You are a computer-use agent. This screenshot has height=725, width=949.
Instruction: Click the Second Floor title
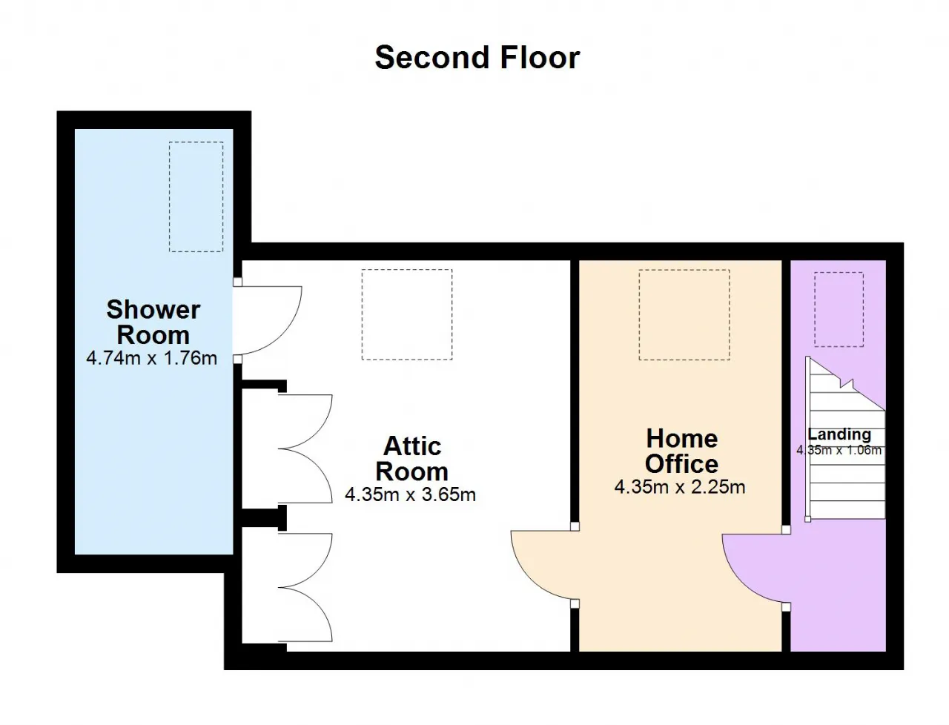pos(477,58)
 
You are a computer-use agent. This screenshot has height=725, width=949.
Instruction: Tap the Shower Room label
pos(153,322)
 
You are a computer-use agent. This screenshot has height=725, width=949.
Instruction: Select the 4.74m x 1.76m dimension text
pos(151,358)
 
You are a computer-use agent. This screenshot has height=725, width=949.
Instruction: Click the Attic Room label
pos(412,458)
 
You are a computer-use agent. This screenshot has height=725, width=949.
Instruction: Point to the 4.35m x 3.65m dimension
pos(410,494)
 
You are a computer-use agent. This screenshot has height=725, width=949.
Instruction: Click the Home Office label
pos(682,451)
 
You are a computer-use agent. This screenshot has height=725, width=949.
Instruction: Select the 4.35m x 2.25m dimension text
pos(680,487)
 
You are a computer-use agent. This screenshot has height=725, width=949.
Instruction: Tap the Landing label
pos(839,434)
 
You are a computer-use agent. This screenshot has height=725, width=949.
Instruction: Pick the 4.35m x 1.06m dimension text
pos(839,450)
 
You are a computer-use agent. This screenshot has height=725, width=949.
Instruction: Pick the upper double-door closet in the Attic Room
pos(305,448)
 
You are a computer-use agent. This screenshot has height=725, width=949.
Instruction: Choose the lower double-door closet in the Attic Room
pos(305,587)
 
